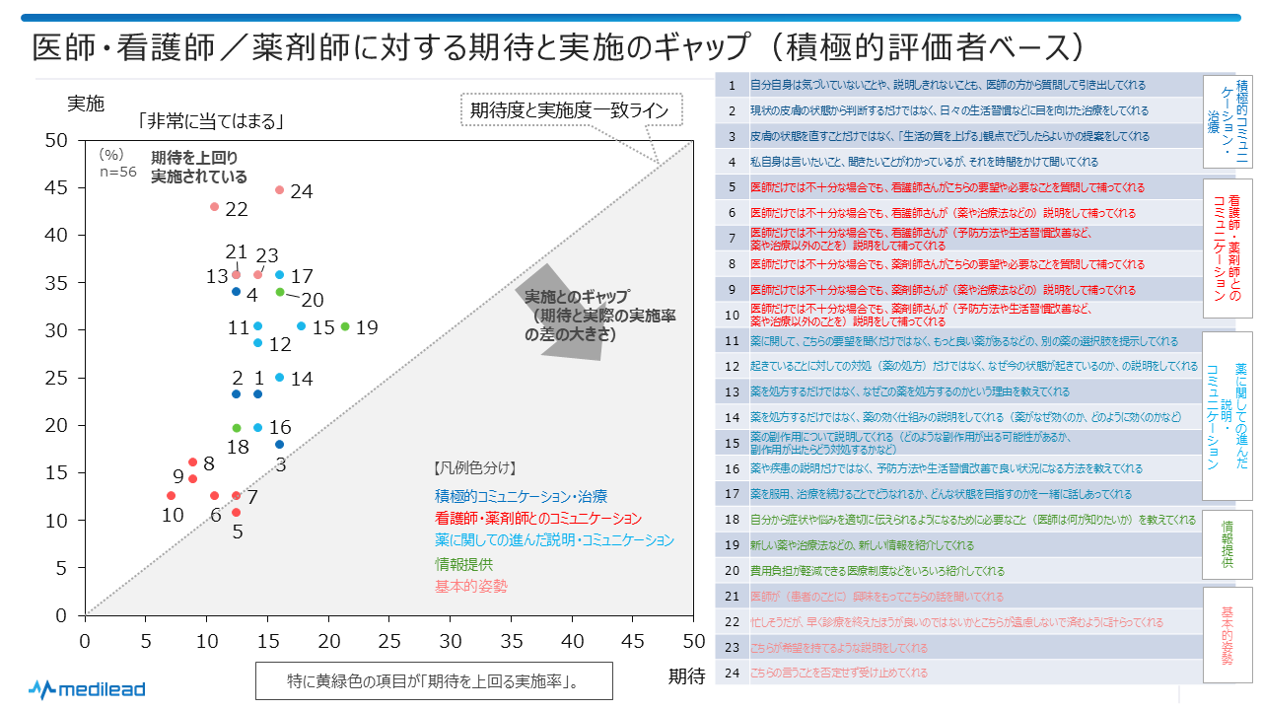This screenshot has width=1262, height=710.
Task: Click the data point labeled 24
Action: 279,189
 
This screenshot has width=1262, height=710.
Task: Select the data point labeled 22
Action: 214,207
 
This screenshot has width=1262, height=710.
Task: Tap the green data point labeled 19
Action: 345,326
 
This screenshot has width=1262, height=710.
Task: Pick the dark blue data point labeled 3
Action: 279,445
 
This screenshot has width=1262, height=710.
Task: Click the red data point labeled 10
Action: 171,496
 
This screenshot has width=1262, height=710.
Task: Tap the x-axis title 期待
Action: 686,675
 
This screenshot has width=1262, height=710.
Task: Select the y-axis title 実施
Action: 85,103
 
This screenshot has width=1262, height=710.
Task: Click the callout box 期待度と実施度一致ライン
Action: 571,110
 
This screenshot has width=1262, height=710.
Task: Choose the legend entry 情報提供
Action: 463,564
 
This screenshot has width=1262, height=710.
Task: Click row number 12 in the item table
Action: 732,366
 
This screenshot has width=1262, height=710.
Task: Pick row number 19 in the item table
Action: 732,545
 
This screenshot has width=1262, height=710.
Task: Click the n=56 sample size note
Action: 117,171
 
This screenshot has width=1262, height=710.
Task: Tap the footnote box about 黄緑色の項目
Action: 434,680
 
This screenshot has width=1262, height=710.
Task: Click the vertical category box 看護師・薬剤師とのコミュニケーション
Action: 1227,248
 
